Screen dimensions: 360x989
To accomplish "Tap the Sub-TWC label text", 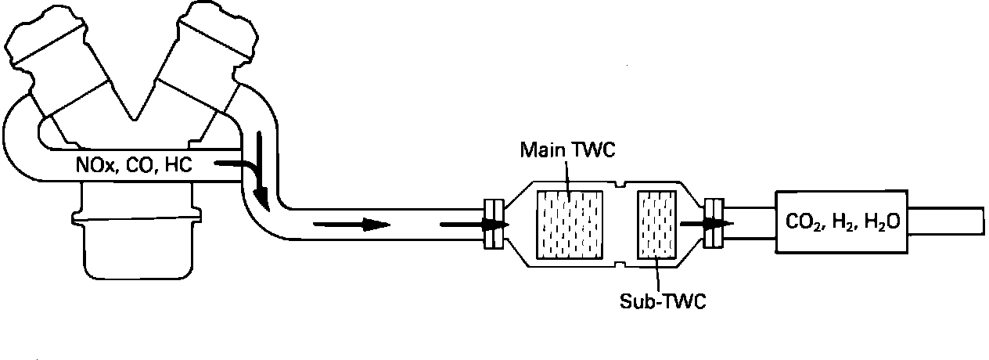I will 661,301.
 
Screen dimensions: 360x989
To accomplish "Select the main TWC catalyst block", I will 568,225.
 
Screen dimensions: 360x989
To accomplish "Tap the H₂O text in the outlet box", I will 880,222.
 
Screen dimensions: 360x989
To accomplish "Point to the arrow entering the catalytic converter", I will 473,225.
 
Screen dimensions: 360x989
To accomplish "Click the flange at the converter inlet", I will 492,225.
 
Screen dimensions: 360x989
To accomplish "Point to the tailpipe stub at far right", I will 948,223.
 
